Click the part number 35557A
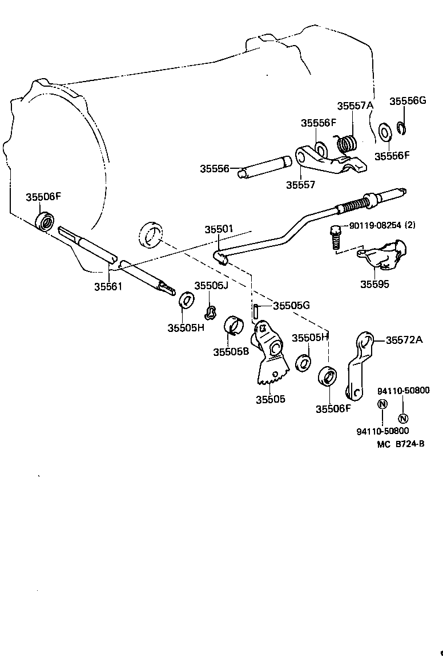click(355, 106)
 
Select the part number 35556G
click(408, 101)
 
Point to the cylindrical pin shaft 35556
click(264, 168)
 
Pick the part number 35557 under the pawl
click(301, 185)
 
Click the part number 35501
click(219, 229)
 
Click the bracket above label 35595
click(382, 254)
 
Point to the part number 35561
click(108, 286)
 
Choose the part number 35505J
click(211, 286)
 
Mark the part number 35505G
click(291, 306)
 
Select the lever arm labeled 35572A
click(358, 365)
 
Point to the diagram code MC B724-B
click(401, 444)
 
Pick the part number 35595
click(374, 284)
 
